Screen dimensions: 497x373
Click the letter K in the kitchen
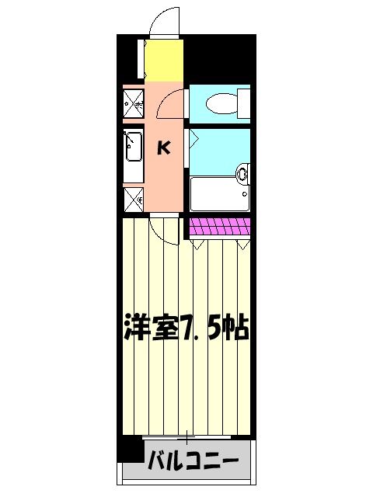coord(165,148)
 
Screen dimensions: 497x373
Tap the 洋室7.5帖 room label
coord(185,328)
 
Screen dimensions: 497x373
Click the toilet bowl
coord(220,103)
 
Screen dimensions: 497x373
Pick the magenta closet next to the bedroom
coord(220,227)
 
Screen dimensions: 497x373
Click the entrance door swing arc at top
coord(165,22)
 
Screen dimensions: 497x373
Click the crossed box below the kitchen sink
coord(133,200)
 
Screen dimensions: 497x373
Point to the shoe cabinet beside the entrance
coord(141,59)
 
